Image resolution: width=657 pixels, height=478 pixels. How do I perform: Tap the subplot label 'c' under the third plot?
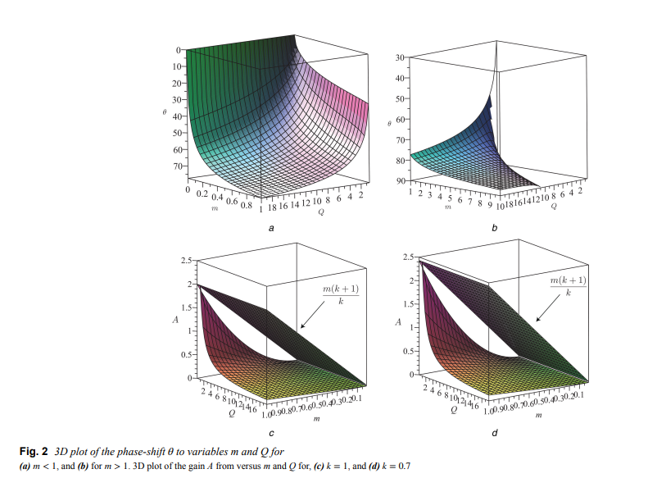(x=270, y=431)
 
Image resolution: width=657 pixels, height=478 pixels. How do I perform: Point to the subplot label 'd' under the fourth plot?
(x=493, y=431)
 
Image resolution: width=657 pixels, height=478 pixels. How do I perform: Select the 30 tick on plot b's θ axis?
(x=400, y=57)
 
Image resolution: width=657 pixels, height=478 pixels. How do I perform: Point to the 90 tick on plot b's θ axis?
(x=400, y=180)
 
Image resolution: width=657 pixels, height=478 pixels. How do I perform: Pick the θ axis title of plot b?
(x=388, y=121)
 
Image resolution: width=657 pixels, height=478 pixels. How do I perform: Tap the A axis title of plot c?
(x=174, y=320)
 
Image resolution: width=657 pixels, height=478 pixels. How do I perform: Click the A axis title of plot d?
(x=397, y=321)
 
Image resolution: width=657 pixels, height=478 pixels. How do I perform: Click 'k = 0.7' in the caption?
(x=392, y=467)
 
